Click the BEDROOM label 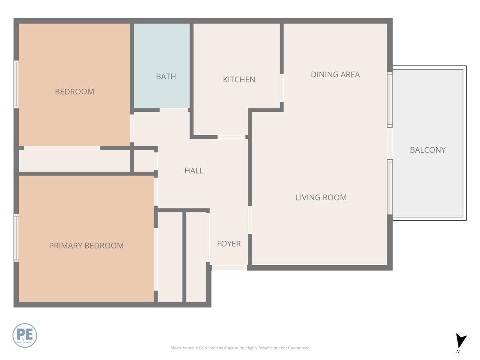click(74, 92)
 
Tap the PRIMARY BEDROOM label click(86, 246)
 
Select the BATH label click(166, 76)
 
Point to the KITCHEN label click(239, 80)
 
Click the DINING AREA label click(335, 74)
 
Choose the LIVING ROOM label click(321, 197)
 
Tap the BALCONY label click(427, 150)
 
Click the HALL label click(194, 170)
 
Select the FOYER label click(228, 244)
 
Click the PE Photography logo click(25, 335)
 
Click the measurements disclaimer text click(240, 348)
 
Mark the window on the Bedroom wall click(16, 84)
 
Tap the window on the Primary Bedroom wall click(16, 238)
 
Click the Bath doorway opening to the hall click(174, 110)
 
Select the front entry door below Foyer click(229, 268)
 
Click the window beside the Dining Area click(390, 100)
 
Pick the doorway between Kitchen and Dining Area click(282, 88)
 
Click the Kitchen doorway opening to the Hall click(231, 137)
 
